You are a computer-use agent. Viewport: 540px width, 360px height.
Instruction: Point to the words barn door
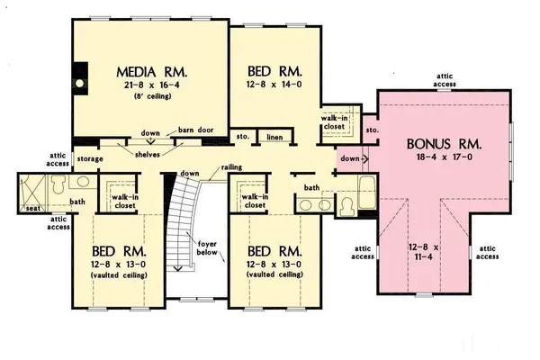pyautogui.click(x=195, y=130)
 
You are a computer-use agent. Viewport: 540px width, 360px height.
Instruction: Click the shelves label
pyautogui.click(x=148, y=154)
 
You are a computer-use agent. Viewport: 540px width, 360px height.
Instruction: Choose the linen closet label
pyautogui.click(x=275, y=137)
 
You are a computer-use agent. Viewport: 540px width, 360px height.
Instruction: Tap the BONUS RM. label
pyautogui.click(x=445, y=143)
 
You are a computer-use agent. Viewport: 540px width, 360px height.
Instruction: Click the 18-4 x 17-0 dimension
pyautogui.click(x=445, y=158)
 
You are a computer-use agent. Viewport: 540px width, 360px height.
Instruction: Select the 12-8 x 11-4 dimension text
pyautogui.click(x=424, y=252)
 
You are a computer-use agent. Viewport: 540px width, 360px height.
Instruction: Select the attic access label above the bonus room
pyautogui.click(x=445, y=80)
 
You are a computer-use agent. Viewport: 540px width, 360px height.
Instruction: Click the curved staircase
pyautogui.click(x=184, y=216)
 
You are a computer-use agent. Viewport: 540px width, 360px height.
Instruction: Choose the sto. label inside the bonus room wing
pyautogui.click(x=373, y=131)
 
